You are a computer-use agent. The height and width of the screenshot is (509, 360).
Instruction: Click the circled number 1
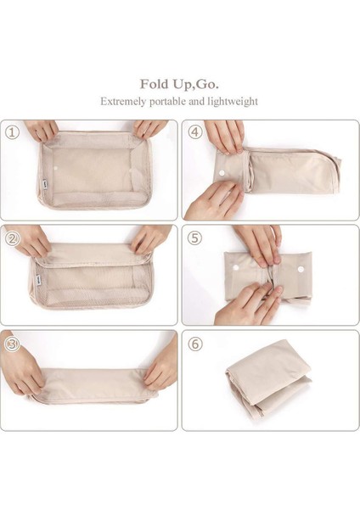point(12,133)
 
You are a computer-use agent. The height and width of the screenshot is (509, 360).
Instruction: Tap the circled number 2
point(12,238)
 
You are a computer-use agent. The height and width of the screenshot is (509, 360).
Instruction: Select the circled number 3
point(12,344)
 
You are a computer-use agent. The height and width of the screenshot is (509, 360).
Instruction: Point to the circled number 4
point(194,133)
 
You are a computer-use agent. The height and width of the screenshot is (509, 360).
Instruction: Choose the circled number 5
point(194,238)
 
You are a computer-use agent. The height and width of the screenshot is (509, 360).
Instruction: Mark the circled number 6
point(194,345)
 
